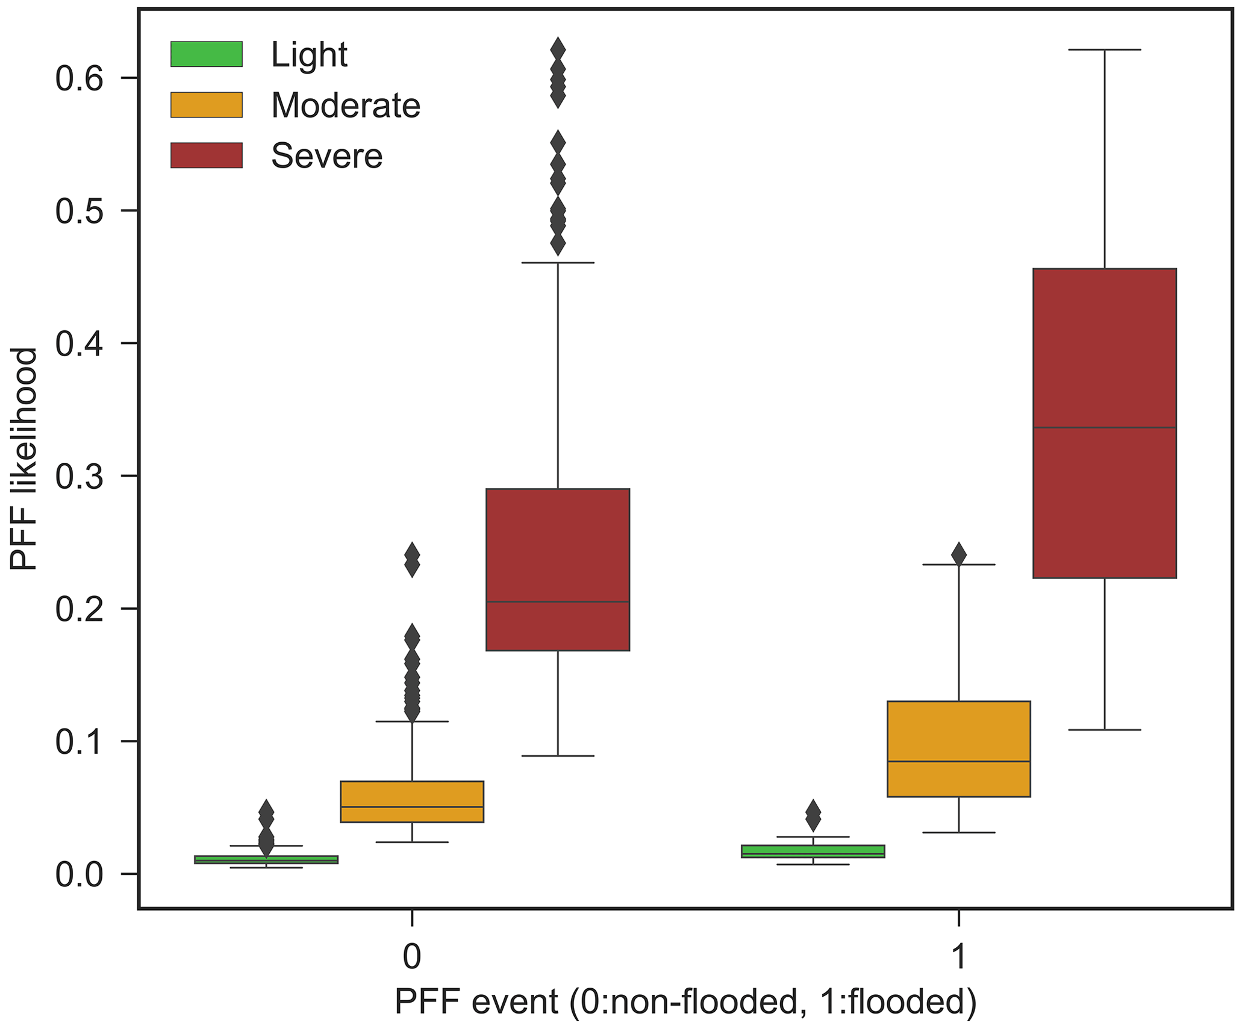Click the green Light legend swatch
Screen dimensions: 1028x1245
207,54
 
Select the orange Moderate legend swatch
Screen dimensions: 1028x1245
207,105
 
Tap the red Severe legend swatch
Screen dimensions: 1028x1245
207,155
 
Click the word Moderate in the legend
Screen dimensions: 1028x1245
345,105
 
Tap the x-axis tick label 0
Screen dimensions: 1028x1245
412,956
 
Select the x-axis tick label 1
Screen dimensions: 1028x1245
958,956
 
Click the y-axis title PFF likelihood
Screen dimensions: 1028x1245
24,459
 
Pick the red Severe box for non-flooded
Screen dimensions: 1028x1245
558,569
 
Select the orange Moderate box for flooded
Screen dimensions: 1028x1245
958,749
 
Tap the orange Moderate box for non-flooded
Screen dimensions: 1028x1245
412,801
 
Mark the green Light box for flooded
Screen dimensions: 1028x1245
813,851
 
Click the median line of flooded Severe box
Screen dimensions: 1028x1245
1105,428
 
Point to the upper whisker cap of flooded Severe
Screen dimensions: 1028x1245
1105,50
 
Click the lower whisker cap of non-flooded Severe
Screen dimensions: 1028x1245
558,756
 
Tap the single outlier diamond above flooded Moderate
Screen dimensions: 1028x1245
958,554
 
